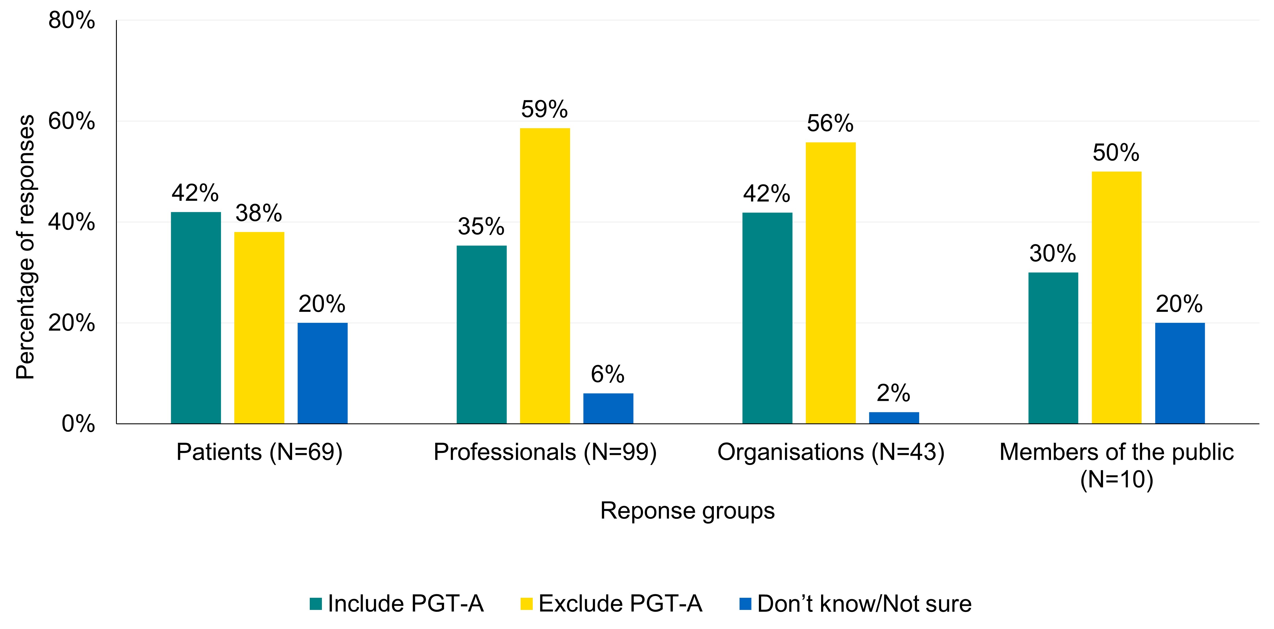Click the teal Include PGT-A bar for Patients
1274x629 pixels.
click(x=196, y=318)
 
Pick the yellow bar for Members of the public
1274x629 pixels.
click(x=1116, y=297)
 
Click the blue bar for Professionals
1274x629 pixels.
click(x=608, y=408)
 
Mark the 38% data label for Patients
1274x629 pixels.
click(x=259, y=213)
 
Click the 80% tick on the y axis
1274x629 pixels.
click(x=72, y=21)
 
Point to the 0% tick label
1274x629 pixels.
click(x=78, y=424)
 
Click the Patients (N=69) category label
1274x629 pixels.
click(x=259, y=452)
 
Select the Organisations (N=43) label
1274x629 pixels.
click(x=831, y=452)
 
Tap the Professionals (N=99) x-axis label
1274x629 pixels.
click(x=545, y=452)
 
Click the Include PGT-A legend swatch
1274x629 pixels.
click(x=316, y=604)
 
